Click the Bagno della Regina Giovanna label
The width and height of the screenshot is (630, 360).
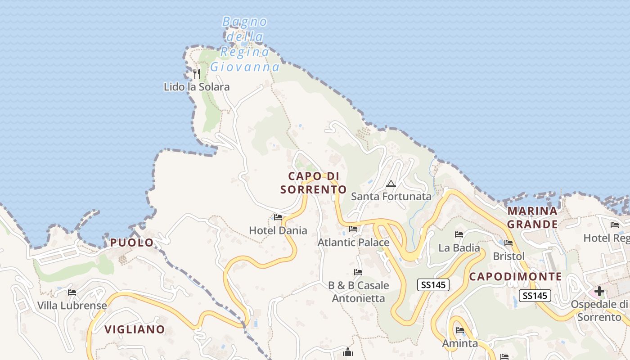(245, 44)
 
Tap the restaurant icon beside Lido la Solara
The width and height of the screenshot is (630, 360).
(196, 73)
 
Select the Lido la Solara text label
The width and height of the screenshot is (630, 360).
(197, 87)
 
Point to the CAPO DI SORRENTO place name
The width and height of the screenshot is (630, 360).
(314, 183)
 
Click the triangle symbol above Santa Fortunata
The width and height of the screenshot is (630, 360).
(391, 184)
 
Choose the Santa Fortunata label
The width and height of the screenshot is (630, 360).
(391, 197)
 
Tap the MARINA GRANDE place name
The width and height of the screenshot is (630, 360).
(533, 217)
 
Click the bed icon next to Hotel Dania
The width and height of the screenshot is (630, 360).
(278, 217)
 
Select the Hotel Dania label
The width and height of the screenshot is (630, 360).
(278, 231)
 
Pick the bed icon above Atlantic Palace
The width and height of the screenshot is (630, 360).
(353, 229)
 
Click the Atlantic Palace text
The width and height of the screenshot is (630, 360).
(354, 243)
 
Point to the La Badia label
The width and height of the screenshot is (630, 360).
(459, 248)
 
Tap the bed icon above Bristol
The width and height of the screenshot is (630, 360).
(508, 243)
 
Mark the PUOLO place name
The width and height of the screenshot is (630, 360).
(132, 243)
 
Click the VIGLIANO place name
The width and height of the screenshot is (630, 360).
(135, 329)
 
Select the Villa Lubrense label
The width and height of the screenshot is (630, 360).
(72, 306)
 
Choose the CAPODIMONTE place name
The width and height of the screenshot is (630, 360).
(516, 277)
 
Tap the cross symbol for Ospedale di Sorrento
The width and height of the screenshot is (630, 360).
(599, 291)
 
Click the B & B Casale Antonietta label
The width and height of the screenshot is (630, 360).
(359, 292)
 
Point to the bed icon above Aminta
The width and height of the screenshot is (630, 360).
(460, 330)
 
